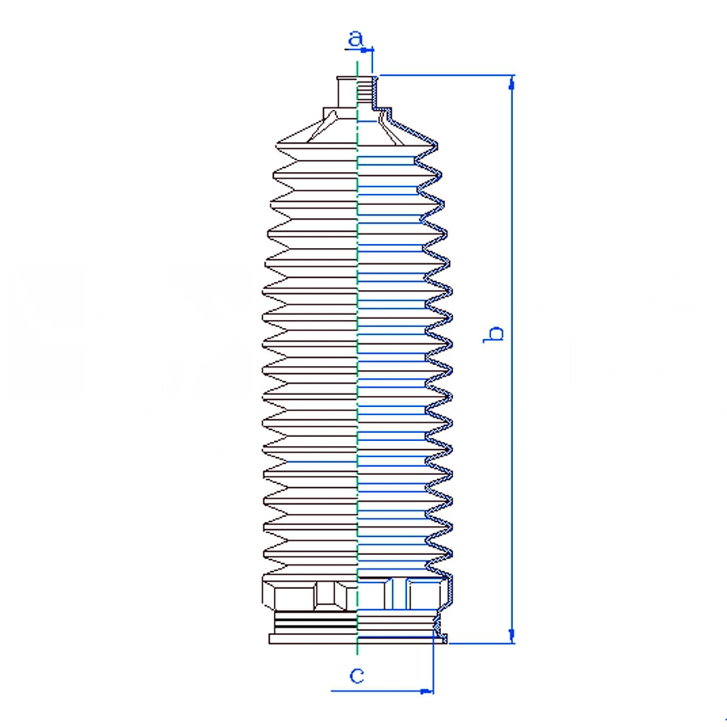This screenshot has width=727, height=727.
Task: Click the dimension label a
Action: (x=355, y=39)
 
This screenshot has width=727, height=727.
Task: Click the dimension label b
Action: (x=494, y=334)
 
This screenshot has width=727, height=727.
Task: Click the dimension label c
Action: (x=356, y=675)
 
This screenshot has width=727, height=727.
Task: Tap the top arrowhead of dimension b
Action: (x=512, y=82)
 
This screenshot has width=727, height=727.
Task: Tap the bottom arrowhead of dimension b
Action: (x=512, y=636)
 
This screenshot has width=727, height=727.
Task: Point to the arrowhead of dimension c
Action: (x=427, y=691)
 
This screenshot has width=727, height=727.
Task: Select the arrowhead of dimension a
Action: (x=367, y=49)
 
